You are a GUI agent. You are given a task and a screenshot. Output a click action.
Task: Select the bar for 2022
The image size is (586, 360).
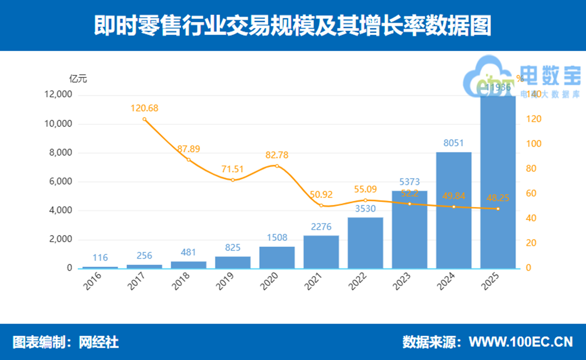point(365,243)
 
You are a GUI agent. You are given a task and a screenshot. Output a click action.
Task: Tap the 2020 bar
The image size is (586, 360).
point(277,257)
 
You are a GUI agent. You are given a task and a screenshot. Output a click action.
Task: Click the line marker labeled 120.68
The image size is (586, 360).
point(144,119)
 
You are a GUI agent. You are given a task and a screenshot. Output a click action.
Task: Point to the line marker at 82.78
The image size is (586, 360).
point(277,166)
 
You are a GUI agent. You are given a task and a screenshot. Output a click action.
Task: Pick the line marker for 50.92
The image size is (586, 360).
point(321,206)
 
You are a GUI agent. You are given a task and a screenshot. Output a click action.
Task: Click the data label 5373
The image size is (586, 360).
point(409,183)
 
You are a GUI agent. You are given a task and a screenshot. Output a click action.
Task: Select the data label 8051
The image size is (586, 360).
point(453,143)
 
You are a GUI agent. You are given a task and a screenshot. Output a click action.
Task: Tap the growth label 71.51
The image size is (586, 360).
point(233,168)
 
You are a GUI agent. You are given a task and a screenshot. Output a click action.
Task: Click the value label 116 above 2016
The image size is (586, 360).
point(100,258)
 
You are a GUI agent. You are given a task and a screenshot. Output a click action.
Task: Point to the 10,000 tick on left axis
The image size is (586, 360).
point(58,124)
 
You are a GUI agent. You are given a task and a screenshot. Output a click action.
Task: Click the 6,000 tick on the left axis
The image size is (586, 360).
point(61,182)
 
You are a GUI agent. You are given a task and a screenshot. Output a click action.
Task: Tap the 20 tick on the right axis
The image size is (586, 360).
point(524,243)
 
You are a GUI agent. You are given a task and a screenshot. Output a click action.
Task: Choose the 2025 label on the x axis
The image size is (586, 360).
point(491,282)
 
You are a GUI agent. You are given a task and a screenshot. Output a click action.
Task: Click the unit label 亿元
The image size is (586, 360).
point(78,79)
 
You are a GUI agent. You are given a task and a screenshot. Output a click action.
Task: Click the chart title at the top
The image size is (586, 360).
point(293,26)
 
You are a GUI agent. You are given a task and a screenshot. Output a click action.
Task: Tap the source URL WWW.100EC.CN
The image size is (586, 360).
point(521,342)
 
